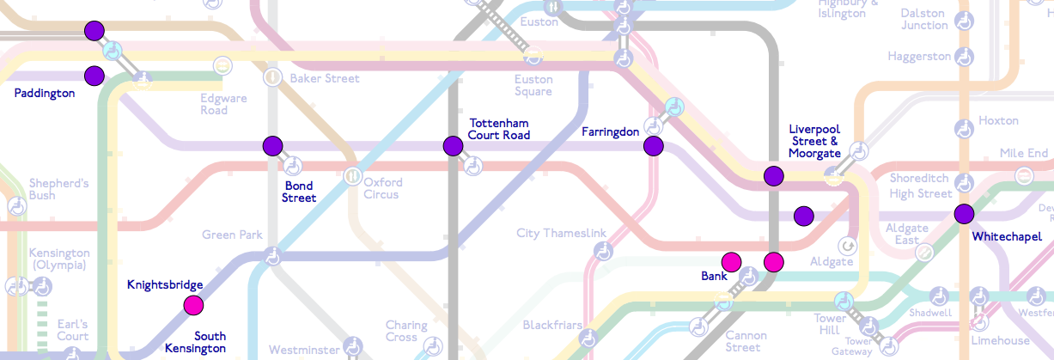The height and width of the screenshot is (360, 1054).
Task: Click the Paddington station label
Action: tap(45, 93)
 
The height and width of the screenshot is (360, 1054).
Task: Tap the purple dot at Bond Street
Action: tap(272, 145)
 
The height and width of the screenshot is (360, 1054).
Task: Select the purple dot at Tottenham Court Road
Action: tap(453, 146)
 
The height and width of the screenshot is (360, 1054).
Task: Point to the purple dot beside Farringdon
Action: tap(654, 146)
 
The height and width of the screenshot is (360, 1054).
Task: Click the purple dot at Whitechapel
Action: tap(963, 214)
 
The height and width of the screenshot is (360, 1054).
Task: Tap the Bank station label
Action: tap(714, 277)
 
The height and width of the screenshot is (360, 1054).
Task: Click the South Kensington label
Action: tap(198, 342)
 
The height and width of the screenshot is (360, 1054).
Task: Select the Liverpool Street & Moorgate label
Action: tap(814, 141)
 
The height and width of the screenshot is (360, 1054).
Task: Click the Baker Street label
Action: tap(324, 78)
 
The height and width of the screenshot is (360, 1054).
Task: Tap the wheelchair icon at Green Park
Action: tap(272, 255)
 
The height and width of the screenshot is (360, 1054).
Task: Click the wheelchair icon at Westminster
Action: tap(351, 346)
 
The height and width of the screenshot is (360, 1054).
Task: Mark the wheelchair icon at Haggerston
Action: tap(966, 57)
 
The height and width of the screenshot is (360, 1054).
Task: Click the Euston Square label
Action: tap(533, 85)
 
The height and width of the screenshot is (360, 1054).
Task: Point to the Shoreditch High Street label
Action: tap(921, 186)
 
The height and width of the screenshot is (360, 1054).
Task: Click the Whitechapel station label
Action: tap(1007, 236)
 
